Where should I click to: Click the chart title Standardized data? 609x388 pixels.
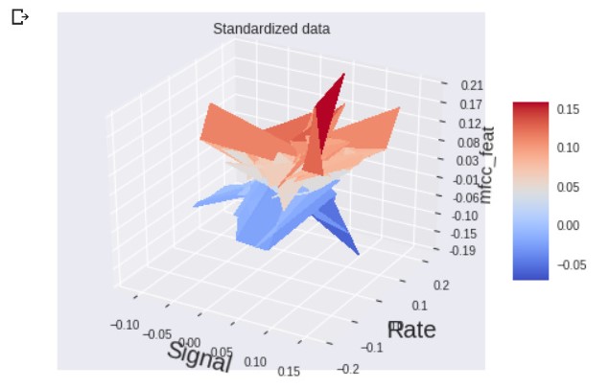click(x=271, y=29)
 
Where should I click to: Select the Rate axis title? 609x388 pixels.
click(x=412, y=331)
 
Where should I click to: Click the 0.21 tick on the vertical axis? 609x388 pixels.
click(x=471, y=86)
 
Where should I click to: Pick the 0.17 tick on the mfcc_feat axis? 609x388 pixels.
click(x=471, y=104)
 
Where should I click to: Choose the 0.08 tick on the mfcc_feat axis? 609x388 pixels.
click(x=469, y=143)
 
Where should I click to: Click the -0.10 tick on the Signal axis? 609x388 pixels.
click(x=126, y=325)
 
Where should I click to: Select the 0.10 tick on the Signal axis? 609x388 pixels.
click(x=256, y=362)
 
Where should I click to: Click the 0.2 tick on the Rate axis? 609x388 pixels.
click(x=442, y=285)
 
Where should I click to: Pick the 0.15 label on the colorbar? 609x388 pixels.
click(x=568, y=109)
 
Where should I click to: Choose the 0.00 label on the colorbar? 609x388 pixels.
click(x=568, y=226)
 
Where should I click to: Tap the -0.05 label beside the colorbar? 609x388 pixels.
click(x=571, y=265)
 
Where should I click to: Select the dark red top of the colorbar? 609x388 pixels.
click(x=530, y=106)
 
